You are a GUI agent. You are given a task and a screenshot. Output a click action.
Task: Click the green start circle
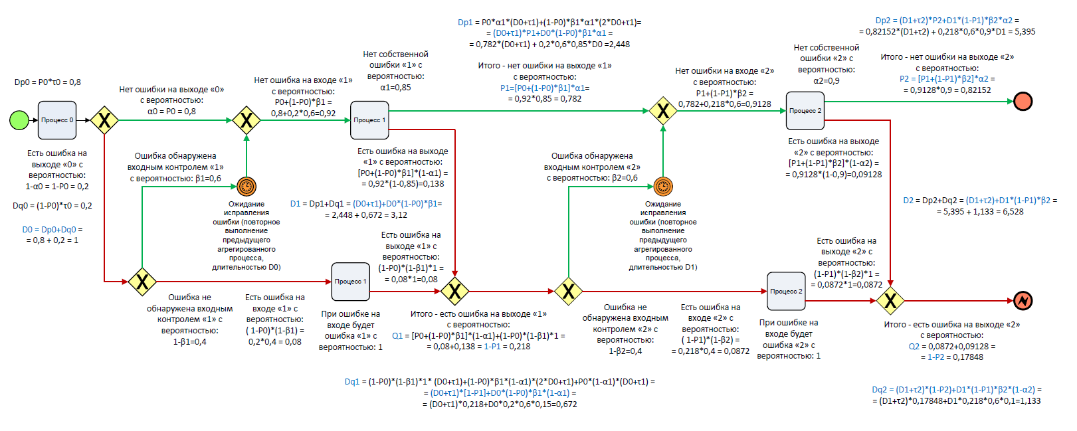tap(19, 120)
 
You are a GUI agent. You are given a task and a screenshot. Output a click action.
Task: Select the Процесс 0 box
tap(57, 120)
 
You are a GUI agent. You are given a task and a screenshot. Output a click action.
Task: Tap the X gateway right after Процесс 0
tap(104, 120)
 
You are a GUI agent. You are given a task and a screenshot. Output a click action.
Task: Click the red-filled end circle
tap(1023, 102)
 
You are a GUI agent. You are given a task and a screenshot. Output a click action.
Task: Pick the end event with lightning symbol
tap(1023, 301)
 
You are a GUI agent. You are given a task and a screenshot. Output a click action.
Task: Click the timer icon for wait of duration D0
tap(246, 187)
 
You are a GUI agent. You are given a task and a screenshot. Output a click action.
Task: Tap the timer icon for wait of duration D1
tap(663, 187)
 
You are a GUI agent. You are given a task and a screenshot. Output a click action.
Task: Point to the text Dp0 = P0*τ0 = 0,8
tap(48, 82)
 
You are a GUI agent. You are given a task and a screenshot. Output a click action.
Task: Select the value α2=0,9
tap(827, 80)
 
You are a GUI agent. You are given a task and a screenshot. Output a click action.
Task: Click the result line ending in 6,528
tap(980, 212)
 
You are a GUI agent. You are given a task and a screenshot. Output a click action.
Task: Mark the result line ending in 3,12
tap(366, 215)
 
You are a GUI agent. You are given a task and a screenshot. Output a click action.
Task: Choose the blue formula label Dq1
tap(352, 382)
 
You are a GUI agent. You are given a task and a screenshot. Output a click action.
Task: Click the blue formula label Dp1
tap(465, 23)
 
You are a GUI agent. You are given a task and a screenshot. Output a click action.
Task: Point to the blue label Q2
tap(914, 346)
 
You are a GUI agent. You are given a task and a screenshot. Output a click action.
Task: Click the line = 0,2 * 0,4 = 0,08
tap(275, 342)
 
